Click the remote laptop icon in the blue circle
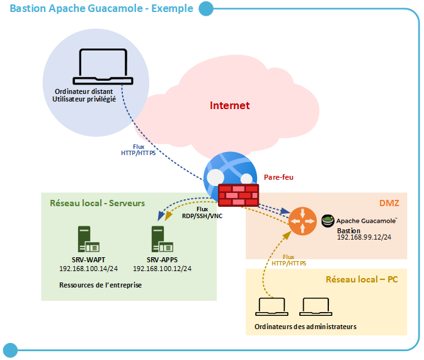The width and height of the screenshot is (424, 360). (x=105, y=66)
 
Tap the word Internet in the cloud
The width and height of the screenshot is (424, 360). (x=229, y=105)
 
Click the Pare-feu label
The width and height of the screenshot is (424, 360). (x=278, y=178)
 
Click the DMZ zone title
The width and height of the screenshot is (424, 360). (x=389, y=203)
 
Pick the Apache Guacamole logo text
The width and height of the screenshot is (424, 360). (x=366, y=221)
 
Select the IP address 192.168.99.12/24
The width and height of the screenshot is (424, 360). (x=364, y=239)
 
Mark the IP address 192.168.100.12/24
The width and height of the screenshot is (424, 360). (x=161, y=269)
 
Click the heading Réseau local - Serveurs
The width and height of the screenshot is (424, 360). (x=98, y=203)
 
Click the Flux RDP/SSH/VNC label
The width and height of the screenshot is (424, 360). (x=202, y=212)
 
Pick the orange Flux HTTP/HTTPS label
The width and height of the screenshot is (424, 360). (x=289, y=260)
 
